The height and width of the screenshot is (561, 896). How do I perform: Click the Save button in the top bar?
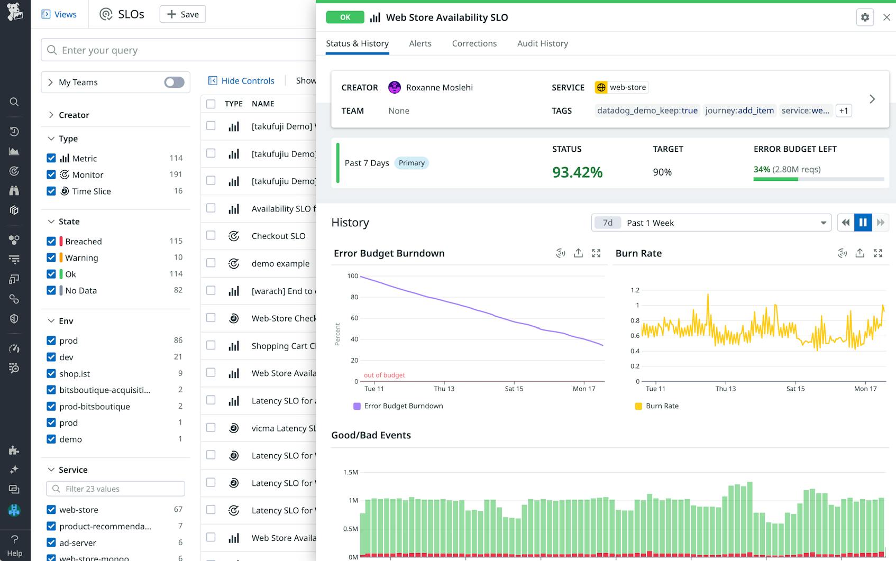coord(182,14)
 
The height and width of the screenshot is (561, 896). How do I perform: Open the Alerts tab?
coord(420,43)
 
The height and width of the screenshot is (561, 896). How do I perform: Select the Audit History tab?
coord(542,43)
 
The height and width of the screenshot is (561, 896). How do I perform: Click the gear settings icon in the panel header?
coord(865,17)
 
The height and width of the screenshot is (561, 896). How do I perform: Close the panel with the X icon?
coord(886,17)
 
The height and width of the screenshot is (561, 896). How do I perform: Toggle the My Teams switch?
coord(174,82)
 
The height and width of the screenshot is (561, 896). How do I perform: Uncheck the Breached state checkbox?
coord(51,241)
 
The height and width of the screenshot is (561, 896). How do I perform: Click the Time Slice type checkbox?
coord(51,191)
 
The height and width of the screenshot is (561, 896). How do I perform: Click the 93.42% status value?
coord(577,172)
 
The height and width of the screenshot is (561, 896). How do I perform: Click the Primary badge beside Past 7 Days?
coord(412,163)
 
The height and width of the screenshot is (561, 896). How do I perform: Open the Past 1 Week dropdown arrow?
coord(823,223)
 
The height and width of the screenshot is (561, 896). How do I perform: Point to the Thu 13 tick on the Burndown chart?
coord(444,388)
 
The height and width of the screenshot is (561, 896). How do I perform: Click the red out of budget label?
coord(384,375)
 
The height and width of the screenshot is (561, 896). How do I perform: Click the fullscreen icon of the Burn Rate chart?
coord(877,253)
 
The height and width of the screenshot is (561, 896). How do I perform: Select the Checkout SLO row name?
coord(278,236)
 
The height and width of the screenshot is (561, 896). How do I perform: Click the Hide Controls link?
coord(248,80)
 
